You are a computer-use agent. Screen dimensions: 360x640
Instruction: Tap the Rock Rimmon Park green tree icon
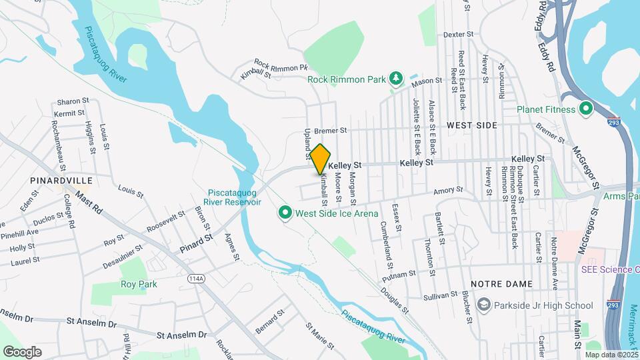tap(396, 79)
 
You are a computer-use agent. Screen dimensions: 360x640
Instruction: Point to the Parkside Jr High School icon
tap(485, 305)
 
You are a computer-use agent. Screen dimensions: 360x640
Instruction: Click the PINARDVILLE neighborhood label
tap(55, 180)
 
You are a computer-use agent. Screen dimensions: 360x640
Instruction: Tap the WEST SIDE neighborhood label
tap(472, 125)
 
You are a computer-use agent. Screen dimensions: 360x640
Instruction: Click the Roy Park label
tap(139, 284)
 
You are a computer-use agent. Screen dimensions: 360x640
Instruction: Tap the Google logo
tap(23, 351)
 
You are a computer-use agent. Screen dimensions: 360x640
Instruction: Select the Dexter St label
tap(458, 34)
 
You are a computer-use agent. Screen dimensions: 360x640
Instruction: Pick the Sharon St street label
tap(73, 101)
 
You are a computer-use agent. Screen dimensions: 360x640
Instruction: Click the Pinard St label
tap(195, 243)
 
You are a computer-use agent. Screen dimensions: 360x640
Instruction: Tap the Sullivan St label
tap(440, 295)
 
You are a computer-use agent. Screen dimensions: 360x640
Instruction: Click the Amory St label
tap(448, 191)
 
